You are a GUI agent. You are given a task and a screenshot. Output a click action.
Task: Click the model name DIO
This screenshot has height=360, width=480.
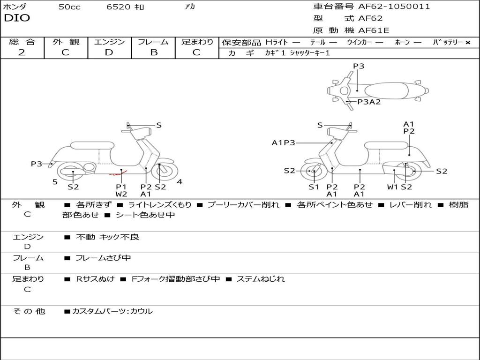tap(17, 18)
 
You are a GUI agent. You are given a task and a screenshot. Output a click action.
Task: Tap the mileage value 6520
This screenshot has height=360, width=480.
tap(118, 7)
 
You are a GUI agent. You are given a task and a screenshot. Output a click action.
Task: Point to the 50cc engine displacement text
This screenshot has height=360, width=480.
tap(69, 7)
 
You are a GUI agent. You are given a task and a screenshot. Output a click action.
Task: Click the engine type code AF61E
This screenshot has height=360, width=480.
tap(374, 30)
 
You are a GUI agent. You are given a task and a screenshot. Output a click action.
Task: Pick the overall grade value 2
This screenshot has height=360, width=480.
tap(22, 52)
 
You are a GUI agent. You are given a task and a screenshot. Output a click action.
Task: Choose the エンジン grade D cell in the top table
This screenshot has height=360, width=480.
tap(109, 52)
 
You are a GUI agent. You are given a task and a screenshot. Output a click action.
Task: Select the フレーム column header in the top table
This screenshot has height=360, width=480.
tap(153, 42)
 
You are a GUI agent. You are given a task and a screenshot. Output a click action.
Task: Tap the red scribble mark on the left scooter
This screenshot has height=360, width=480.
tap(115, 174)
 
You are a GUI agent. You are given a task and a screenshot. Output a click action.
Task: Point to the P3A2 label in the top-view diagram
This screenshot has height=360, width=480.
tap(369, 102)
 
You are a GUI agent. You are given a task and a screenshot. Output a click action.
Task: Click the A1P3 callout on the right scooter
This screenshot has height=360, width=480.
tap(283, 142)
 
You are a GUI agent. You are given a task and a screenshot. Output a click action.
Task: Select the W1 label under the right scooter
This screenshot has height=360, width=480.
tap(392, 187)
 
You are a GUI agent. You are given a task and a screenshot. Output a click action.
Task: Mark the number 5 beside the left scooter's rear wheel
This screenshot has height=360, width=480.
tap(55, 182)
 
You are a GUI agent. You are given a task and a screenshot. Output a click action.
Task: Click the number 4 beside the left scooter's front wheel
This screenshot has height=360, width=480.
tap(179, 182)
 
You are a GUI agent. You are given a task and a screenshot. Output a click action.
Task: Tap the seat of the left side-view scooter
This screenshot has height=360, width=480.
tap(92, 145)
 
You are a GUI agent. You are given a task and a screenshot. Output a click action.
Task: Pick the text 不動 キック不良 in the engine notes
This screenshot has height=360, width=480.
tap(107, 237)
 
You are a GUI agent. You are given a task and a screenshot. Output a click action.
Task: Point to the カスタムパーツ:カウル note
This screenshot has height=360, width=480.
tap(112, 311)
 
